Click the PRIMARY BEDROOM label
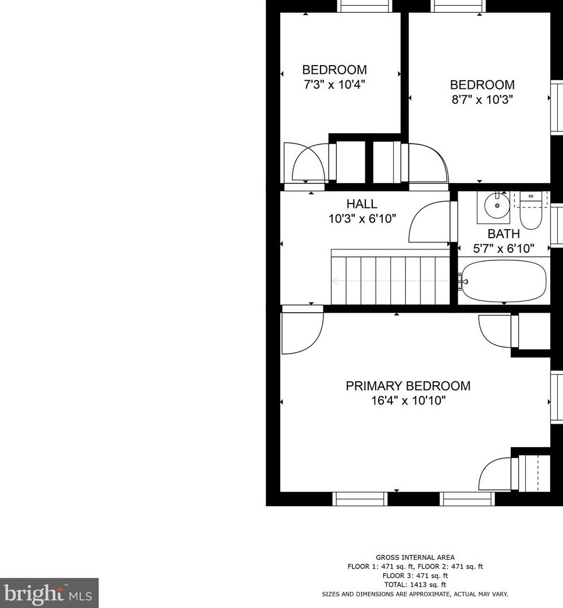(x=408, y=386)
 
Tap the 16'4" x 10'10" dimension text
(x=408, y=400)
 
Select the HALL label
(x=362, y=204)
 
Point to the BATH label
(x=504, y=234)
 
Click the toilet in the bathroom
(x=530, y=213)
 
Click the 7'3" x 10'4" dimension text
(x=334, y=84)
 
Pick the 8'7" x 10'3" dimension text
(x=482, y=99)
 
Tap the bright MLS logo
(x=49, y=593)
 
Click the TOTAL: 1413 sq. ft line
(x=415, y=585)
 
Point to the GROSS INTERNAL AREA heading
(x=415, y=557)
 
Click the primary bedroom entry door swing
(x=302, y=333)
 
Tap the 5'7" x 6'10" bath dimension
(x=504, y=249)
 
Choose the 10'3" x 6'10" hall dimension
(x=362, y=219)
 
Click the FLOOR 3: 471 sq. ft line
(x=415, y=575)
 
